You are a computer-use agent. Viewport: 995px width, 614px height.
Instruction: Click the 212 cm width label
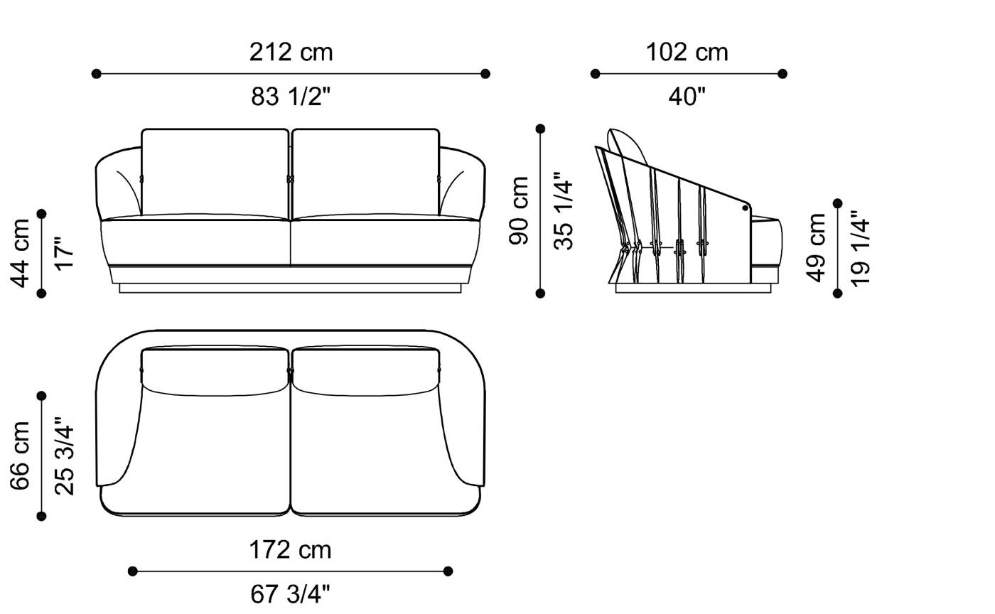[291, 53]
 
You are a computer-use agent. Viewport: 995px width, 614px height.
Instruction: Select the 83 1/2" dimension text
[291, 97]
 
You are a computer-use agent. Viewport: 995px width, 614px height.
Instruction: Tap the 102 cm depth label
[687, 53]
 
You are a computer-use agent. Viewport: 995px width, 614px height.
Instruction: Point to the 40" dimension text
[687, 97]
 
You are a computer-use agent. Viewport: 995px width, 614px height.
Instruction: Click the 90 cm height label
[520, 211]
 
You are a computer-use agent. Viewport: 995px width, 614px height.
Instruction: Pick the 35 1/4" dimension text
[563, 211]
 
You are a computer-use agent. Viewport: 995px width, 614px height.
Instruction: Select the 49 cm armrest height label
[817, 247]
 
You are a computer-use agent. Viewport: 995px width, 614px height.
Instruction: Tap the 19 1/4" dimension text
[860, 247]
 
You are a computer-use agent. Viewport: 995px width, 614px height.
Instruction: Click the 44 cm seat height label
[21, 253]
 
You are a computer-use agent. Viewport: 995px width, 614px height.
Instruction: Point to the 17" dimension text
[64, 253]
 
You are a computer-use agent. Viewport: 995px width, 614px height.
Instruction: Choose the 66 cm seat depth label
[21, 456]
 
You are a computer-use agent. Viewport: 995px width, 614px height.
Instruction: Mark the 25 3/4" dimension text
[64, 456]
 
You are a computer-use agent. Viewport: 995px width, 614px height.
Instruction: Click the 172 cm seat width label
[290, 550]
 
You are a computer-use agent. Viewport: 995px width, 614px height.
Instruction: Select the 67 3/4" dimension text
[290, 594]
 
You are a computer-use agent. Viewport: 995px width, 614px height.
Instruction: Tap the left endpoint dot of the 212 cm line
[97, 73]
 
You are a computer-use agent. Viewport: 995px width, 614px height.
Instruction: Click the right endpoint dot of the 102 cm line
[782, 73]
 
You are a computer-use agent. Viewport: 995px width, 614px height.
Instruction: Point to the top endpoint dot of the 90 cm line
[540, 129]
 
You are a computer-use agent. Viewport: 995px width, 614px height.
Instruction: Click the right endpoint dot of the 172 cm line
[448, 571]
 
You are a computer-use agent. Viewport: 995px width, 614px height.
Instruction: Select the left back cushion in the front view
[215, 171]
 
